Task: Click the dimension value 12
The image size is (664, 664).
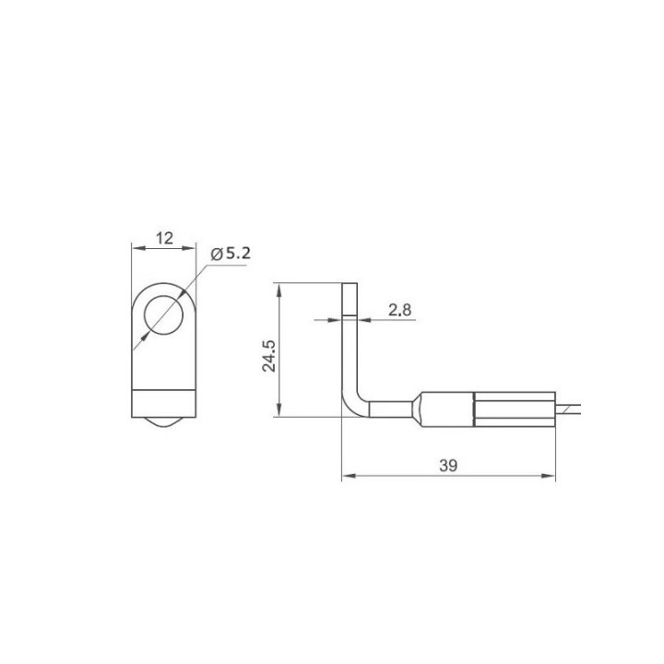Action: click(164, 239)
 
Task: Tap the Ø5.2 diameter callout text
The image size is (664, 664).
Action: click(231, 254)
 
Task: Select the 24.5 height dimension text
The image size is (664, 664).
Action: click(269, 356)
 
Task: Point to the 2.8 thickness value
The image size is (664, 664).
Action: click(399, 311)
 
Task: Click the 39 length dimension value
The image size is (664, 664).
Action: click(448, 466)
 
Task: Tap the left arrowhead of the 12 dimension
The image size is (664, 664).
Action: click(138, 248)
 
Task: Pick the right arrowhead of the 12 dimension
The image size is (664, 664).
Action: click(189, 248)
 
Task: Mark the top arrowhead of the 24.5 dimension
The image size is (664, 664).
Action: click(279, 290)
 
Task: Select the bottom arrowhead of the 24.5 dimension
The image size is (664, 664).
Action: click(279, 409)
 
